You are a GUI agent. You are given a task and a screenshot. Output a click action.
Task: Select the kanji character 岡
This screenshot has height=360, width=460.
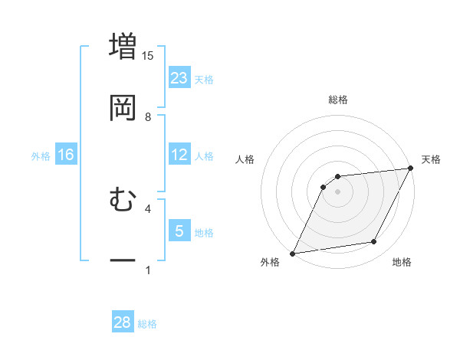(x=123, y=107)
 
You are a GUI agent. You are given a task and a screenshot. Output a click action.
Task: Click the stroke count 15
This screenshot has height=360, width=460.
(x=148, y=55)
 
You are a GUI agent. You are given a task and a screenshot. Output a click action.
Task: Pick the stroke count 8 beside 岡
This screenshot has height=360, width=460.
(x=148, y=117)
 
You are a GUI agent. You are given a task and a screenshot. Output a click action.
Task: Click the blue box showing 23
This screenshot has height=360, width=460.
(x=179, y=77)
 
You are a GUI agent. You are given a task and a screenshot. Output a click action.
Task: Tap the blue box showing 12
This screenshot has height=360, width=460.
(x=179, y=155)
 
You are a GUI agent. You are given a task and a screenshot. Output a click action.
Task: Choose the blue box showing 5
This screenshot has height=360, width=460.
(x=179, y=231)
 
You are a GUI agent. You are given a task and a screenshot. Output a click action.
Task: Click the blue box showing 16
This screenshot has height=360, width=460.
(x=66, y=155)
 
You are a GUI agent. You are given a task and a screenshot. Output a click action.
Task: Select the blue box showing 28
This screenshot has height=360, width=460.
(x=123, y=322)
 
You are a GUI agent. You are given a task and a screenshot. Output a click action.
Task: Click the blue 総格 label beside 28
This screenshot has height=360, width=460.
(x=147, y=324)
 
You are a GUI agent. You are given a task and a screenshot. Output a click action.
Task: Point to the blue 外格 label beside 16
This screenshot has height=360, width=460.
(x=41, y=155)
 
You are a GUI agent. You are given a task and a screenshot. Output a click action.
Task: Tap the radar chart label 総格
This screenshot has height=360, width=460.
(x=338, y=100)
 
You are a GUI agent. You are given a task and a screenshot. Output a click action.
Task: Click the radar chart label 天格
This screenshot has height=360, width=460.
(x=431, y=159)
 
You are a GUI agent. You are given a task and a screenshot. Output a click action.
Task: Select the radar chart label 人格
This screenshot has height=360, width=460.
(x=245, y=159)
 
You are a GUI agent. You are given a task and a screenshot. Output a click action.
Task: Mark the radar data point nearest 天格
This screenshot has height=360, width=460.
(x=411, y=168)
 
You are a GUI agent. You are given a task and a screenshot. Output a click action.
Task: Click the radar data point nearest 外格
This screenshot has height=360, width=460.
(x=292, y=254)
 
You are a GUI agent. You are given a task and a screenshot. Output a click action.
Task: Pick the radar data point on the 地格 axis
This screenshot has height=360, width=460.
(x=374, y=242)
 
